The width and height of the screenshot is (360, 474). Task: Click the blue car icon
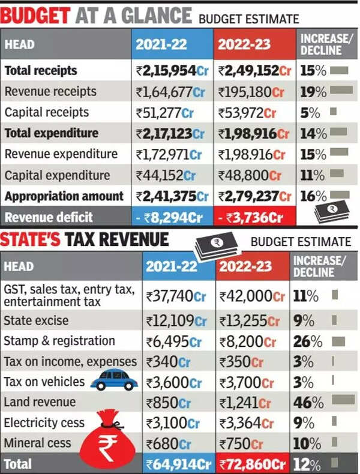(x=113, y=380)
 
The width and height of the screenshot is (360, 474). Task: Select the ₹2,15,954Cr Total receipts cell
(x=172, y=71)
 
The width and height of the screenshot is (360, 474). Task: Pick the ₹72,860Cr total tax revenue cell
(x=253, y=464)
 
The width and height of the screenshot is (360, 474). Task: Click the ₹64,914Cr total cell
(x=179, y=464)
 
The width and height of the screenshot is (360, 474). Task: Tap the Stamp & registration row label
(x=59, y=341)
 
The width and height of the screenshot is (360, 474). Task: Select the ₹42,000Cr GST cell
(x=253, y=296)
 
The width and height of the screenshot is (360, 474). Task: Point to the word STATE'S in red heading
(x=31, y=240)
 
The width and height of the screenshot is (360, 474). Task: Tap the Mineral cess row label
(x=38, y=443)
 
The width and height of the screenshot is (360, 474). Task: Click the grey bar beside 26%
(x=338, y=341)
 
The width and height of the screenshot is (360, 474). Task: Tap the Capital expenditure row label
(x=58, y=175)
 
